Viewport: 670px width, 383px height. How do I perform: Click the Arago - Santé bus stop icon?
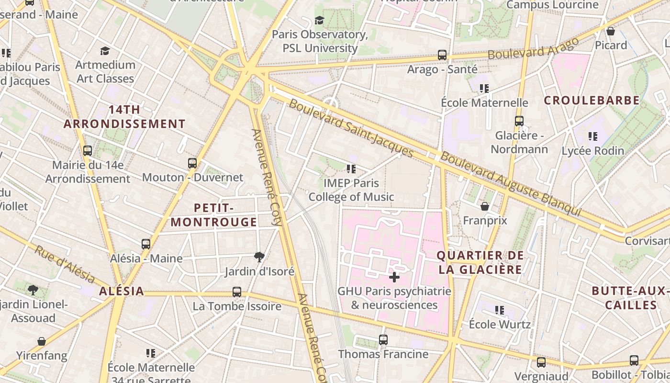tap(442, 55)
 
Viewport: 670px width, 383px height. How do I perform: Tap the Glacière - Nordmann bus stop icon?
tap(519, 121)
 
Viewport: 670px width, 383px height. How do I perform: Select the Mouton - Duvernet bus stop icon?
tap(192, 163)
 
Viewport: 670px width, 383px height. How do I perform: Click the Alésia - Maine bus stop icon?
tap(146, 244)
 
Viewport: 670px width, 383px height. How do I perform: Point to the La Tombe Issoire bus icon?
tap(237, 292)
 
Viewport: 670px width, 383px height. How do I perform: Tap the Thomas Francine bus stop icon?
tap(383, 340)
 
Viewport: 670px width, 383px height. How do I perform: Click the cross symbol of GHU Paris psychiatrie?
tap(394, 277)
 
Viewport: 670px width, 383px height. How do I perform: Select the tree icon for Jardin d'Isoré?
tap(259, 257)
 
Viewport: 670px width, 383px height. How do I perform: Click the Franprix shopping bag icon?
tap(485, 206)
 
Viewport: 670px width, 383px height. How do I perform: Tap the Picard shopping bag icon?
tap(611, 32)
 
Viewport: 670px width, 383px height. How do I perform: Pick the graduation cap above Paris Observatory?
tap(319, 20)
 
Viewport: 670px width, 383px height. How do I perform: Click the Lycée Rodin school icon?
tap(593, 136)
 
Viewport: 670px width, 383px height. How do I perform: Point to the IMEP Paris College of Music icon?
tap(351, 169)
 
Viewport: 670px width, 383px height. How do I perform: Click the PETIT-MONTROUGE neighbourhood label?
tap(214, 215)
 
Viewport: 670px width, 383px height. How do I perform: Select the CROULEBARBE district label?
tap(592, 101)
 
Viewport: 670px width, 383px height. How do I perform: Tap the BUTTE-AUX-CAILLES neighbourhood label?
tap(630, 298)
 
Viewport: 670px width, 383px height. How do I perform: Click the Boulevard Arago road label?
tap(533, 48)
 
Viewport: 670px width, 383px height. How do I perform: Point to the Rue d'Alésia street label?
tap(65, 264)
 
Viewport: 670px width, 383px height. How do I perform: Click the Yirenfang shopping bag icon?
tap(42, 341)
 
